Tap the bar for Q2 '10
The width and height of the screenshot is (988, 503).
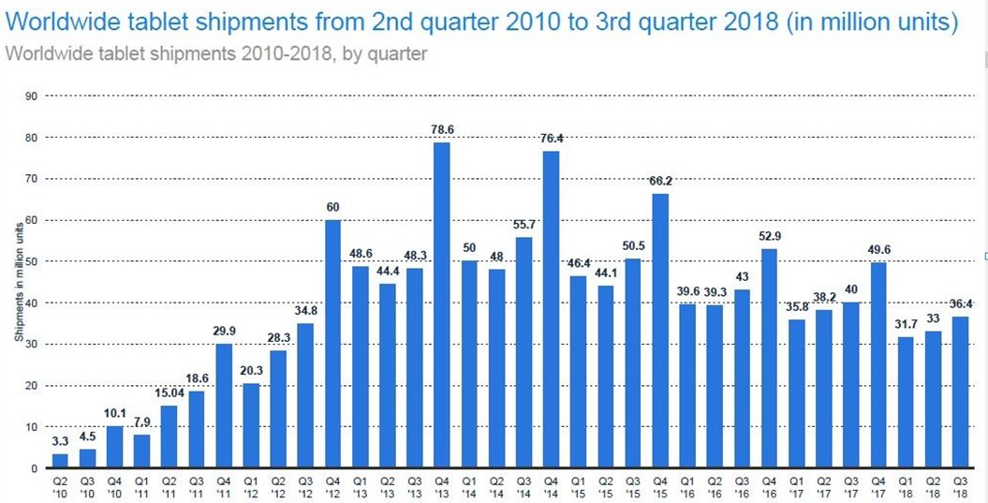60,460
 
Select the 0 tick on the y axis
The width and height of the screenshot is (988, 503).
34,468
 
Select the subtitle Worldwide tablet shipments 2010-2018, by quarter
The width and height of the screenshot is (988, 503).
216,53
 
